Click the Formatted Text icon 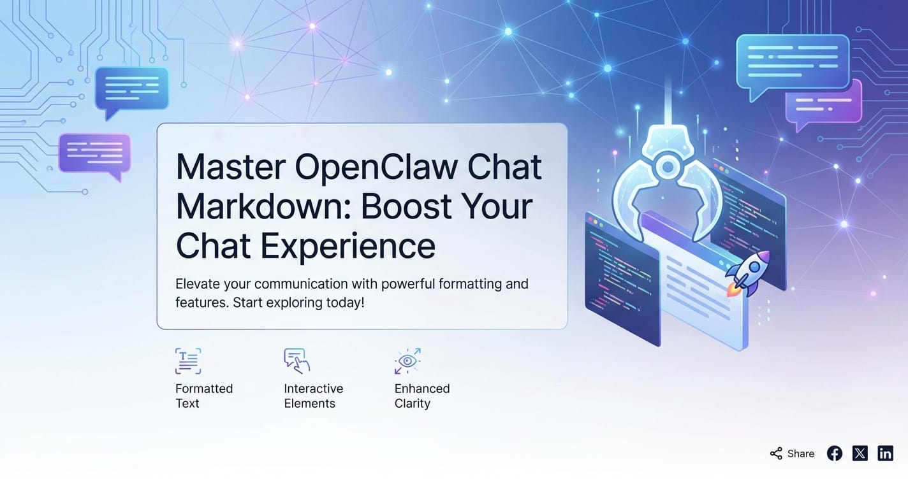(x=188, y=361)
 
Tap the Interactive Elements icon (x=297, y=361)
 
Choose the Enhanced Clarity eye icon (x=407, y=361)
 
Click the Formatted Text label (x=204, y=396)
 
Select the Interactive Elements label (x=313, y=396)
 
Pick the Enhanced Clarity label (x=422, y=396)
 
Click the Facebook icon (x=835, y=454)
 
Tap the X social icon (x=860, y=454)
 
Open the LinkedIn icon (x=885, y=454)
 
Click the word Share (x=801, y=454)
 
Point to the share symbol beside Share (x=776, y=454)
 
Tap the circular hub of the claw (x=668, y=166)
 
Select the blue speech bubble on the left (x=132, y=92)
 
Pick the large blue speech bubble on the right (x=793, y=65)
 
